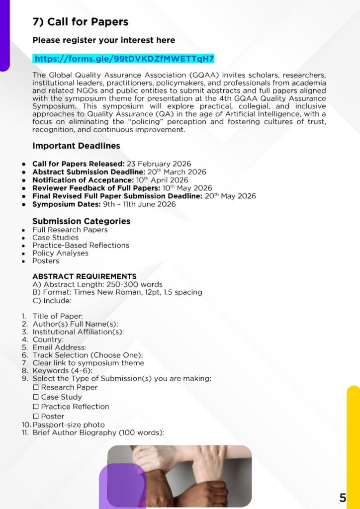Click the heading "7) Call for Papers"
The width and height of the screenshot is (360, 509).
coord(81,22)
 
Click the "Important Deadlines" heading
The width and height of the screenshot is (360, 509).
coord(76,146)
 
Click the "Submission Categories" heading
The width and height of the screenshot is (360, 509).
coord(81,221)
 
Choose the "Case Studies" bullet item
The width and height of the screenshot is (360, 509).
coord(55,238)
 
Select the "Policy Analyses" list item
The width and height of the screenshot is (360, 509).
coord(60,253)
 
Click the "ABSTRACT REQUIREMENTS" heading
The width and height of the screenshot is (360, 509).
coord(84,276)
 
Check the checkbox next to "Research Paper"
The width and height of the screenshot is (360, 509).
coord(36,388)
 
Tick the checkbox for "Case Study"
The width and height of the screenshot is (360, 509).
coord(36,397)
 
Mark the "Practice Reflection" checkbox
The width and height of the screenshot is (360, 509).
coord(36,407)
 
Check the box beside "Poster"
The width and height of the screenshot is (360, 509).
coord(36,417)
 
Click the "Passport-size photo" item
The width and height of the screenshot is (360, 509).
coord(69,425)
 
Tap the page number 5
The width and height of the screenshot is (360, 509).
coord(343,498)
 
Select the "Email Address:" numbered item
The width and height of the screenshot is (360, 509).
coord(59,347)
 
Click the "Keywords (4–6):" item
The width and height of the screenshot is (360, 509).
coord(63,371)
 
